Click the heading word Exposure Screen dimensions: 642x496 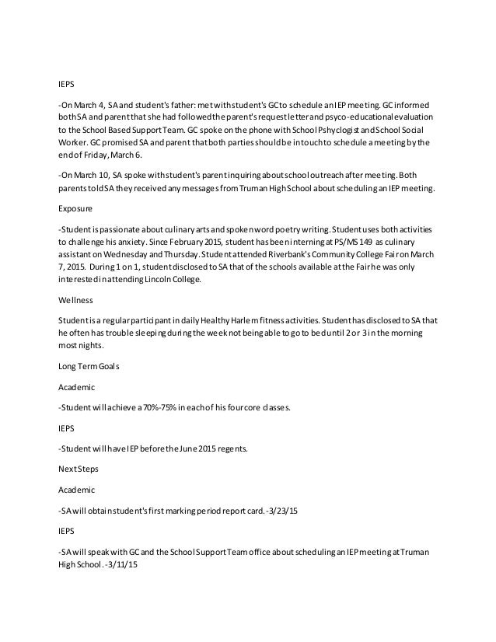[75, 209]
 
